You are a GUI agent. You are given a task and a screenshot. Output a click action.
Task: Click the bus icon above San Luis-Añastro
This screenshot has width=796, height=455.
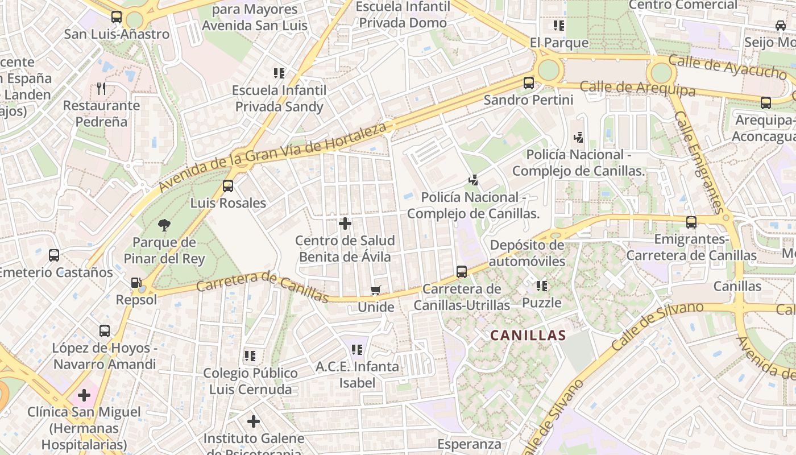point(117,17)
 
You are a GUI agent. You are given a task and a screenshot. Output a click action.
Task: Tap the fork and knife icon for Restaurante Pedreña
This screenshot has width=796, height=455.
point(101,89)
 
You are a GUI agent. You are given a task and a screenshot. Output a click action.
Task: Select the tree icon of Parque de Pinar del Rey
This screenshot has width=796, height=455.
point(164,225)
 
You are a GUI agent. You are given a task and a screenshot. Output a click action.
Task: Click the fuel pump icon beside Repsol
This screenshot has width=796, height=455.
point(136,283)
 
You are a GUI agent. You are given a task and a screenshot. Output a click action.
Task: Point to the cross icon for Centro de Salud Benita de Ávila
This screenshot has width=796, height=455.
point(345,224)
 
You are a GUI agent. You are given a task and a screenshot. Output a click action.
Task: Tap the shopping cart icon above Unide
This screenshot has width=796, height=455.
point(375,291)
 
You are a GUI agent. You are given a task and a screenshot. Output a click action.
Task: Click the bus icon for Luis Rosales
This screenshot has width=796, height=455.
point(228,186)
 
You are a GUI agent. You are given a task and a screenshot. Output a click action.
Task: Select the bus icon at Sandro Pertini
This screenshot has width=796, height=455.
point(529,83)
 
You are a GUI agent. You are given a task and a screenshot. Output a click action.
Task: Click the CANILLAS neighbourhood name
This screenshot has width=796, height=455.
point(528,336)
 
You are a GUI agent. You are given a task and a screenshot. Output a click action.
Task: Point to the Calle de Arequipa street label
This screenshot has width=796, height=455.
point(637,88)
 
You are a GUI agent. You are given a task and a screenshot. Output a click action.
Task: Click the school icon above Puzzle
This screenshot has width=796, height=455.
point(542,286)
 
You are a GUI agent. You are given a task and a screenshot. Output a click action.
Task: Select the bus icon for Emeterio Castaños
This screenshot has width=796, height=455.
point(54,255)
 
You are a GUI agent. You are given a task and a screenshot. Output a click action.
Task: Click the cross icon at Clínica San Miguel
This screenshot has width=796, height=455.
point(84,395)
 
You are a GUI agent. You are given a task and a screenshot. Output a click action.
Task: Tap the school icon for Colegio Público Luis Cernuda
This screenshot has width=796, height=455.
point(250,357)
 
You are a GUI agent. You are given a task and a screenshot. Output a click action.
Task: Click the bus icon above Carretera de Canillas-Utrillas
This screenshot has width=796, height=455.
point(462,272)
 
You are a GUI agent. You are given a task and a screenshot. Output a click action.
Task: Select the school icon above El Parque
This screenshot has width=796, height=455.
point(559,26)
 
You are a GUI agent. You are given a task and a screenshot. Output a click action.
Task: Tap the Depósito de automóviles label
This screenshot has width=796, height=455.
point(527,253)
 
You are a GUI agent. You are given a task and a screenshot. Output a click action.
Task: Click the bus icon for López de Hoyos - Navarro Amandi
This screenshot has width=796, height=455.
point(105,331)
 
